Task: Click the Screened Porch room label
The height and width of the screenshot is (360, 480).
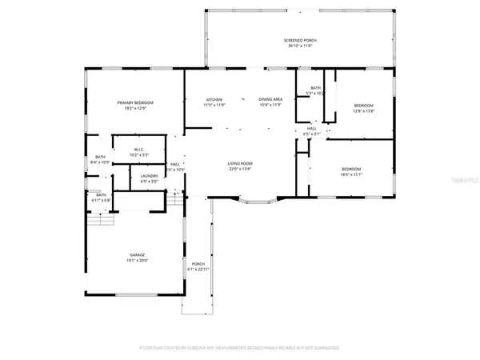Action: tap(302, 40)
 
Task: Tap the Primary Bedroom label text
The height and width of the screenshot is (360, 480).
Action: tap(135, 102)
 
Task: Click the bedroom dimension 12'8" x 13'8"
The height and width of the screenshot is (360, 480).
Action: tap(364, 111)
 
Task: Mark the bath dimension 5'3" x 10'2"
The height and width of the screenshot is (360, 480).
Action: tap(315, 94)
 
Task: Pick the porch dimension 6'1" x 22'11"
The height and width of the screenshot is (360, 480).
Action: tap(198, 270)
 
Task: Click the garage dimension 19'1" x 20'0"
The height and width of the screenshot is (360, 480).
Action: tap(138, 261)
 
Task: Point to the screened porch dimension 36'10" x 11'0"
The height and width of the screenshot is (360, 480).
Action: tap(302, 46)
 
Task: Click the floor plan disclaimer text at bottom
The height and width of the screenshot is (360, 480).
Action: tap(240, 348)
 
